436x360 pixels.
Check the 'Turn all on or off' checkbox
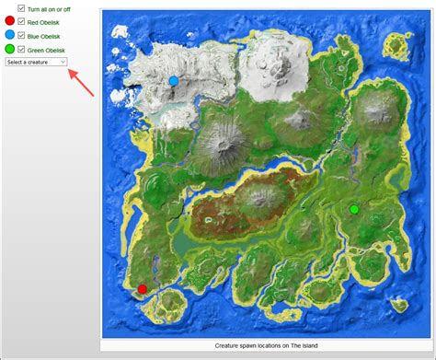22,8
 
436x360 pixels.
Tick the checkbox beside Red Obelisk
22,21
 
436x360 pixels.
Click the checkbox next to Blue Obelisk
22,35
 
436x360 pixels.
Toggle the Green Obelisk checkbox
22,49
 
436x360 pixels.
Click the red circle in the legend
9,20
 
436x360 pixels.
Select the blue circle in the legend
9,34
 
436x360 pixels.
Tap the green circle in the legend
9,48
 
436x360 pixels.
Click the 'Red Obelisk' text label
46,21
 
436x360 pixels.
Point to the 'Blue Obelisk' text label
46,35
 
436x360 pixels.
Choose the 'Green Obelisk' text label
48,49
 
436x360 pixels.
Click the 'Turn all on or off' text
52,8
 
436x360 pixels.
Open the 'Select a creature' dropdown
35,62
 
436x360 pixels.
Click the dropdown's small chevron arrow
63,62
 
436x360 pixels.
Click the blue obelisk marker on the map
173,81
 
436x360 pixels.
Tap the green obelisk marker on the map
354,210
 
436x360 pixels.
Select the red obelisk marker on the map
142,289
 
